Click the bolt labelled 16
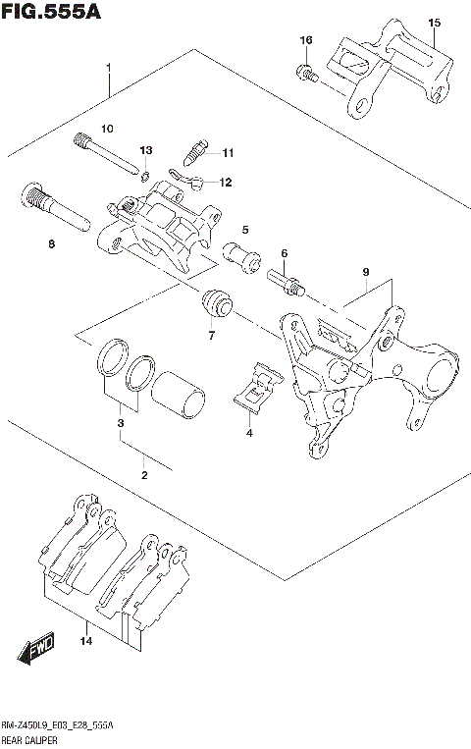pyautogui.click(x=306, y=72)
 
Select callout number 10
pyautogui.click(x=107, y=129)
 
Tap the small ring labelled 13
pyautogui.click(x=144, y=176)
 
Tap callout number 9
pyautogui.click(x=364, y=272)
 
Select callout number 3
pyautogui.click(x=120, y=423)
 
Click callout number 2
pyautogui.click(x=143, y=475)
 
